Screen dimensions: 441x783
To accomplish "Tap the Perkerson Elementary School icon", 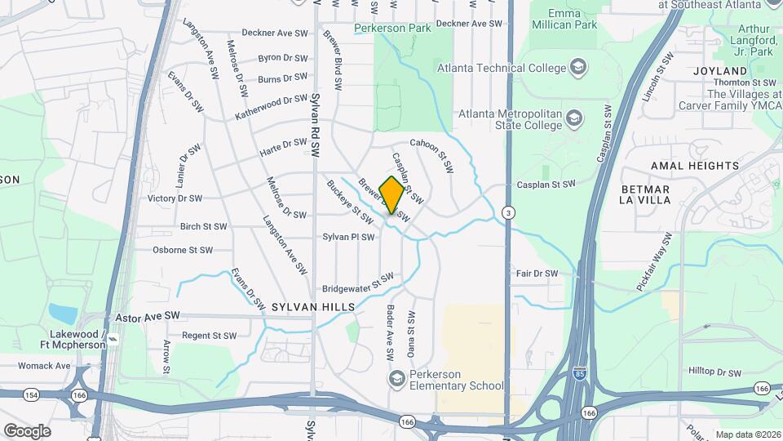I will tap(396, 377).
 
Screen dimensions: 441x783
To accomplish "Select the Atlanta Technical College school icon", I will tap(578, 67).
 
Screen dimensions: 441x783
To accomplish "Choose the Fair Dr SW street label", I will tap(537, 274).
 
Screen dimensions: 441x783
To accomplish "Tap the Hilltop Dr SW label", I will tap(714, 372).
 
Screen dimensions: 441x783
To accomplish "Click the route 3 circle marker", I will tap(509, 212).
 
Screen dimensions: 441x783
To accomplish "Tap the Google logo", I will tap(27, 431).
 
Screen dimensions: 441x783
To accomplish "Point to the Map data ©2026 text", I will tap(748, 434).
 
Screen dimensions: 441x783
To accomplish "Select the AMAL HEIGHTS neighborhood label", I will tap(694, 166).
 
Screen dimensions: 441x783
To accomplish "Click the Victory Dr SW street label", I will tap(175, 198).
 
